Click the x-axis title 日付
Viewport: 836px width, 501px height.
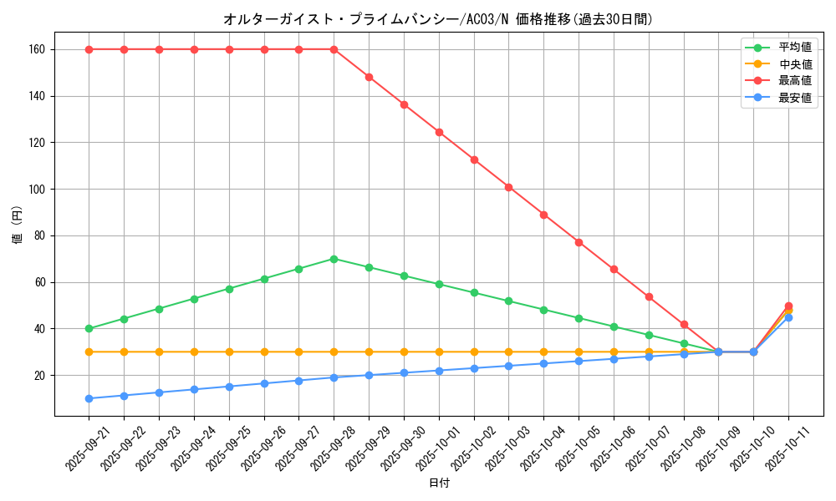coord(439,483)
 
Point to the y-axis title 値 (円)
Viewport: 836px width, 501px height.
coord(18,225)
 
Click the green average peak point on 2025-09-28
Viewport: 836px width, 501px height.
coord(334,259)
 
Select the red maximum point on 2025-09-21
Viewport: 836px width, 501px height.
coord(89,49)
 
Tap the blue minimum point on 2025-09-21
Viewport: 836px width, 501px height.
coord(89,398)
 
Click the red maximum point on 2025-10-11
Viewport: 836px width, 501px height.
coord(788,306)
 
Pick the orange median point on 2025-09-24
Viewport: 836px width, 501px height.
coord(194,352)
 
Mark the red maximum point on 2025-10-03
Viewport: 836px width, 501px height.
coord(508,187)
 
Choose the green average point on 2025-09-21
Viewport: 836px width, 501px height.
coord(89,328)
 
